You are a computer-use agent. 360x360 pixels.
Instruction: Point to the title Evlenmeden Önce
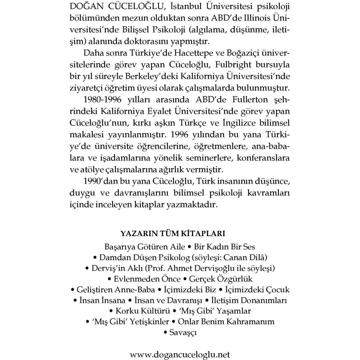[147, 279]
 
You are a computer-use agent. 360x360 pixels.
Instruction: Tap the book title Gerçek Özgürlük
[221, 279]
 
